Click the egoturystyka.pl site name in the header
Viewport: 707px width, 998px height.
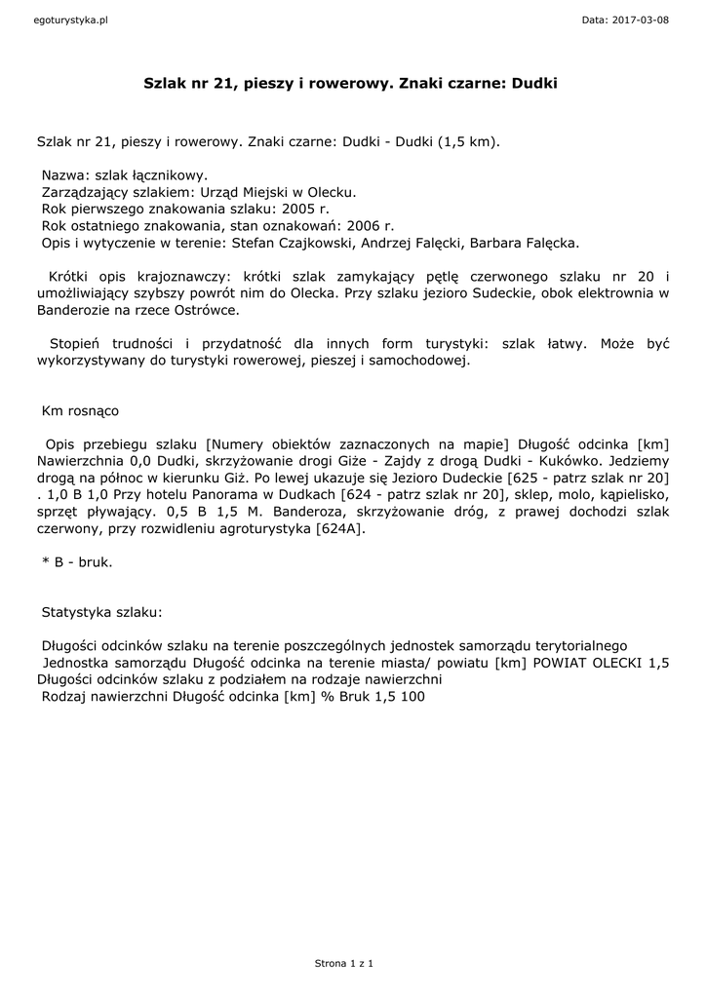click(x=69, y=19)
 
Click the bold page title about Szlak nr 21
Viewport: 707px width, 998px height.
click(x=350, y=85)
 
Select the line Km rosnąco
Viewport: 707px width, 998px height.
click(x=80, y=411)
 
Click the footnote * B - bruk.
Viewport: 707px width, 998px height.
click(x=77, y=563)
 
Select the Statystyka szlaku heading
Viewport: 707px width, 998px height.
click(x=102, y=614)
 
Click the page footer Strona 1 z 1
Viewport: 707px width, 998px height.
click(x=343, y=964)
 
